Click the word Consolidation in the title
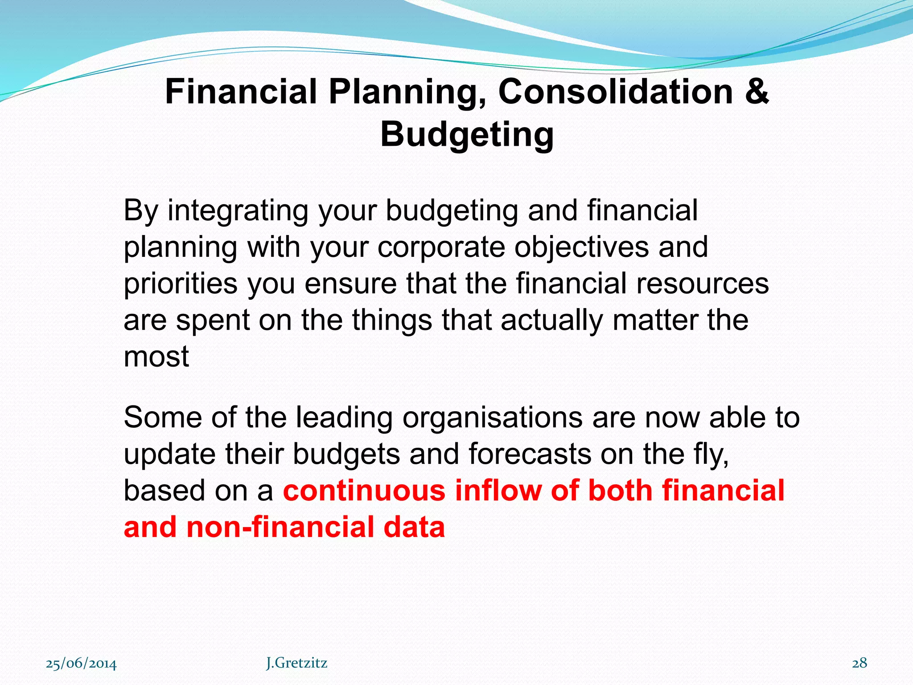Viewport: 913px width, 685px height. click(x=615, y=91)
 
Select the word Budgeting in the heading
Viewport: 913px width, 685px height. click(x=467, y=134)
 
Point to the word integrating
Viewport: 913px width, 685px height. click(x=238, y=211)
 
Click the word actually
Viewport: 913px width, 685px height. click(x=551, y=321)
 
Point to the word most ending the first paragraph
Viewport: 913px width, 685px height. click(x=156, y=357)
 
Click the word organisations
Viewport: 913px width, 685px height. click(x=492, y=419)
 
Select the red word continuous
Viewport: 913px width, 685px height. click(x=364, y=491)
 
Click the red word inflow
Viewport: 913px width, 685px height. click(x=498, y=491)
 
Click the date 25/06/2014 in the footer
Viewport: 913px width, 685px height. click(x=81, y=664)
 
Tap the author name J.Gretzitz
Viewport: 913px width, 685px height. click(x=296, y=663)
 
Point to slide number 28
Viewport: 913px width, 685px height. click(x=860, y=663)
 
